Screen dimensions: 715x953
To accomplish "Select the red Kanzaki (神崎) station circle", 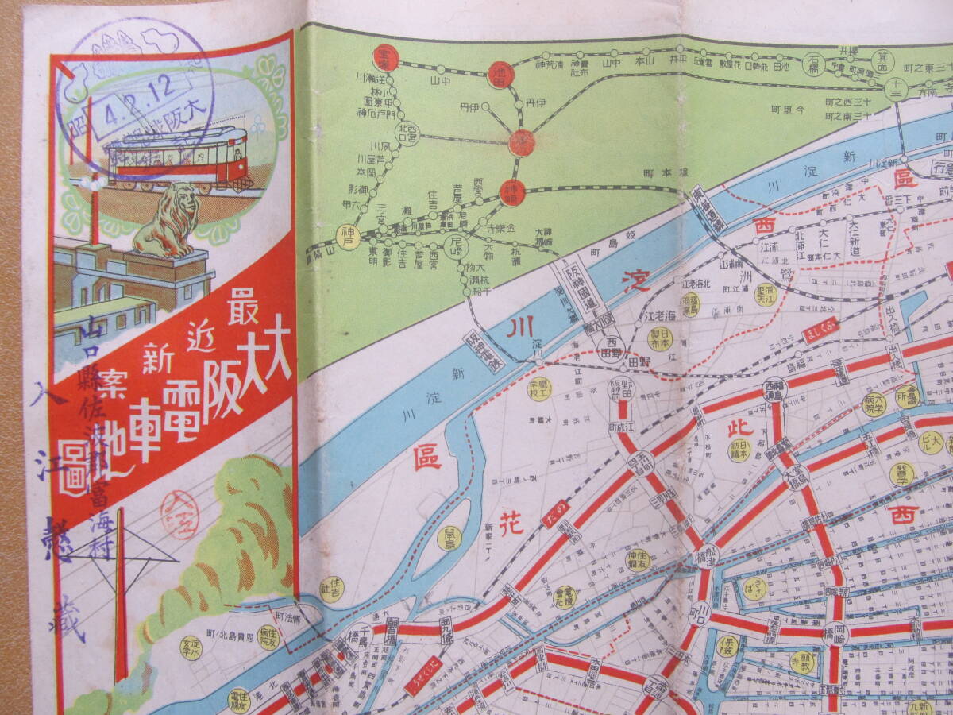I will point(512,191).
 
